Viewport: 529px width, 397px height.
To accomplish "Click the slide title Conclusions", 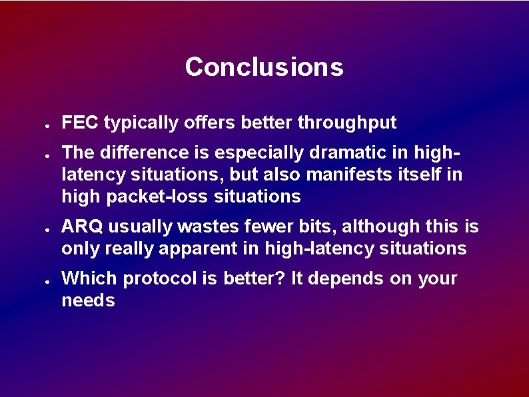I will [x=264, y=67].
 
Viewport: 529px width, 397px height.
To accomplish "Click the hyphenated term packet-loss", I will [x=146, y=197].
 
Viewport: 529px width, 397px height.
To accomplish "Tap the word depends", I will [x=345, y=278].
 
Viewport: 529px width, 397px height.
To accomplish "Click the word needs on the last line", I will [x=88, y=300].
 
